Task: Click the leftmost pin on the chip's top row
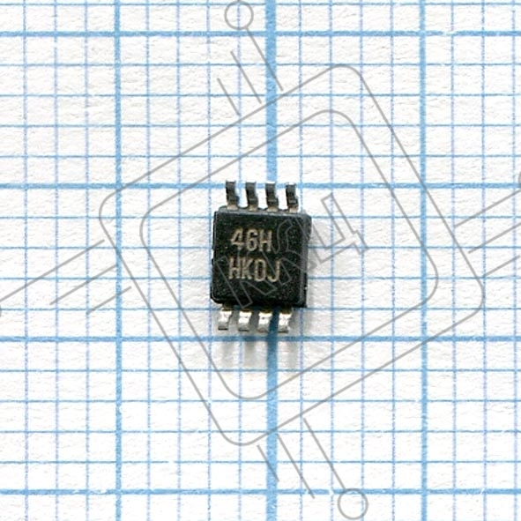click(232, 195)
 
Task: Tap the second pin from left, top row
click(252, 197)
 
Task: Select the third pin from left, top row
click(272, 197)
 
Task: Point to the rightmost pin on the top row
click(292, 198)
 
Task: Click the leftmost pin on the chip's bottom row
click(224, 318)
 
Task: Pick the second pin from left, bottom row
click(244, 320)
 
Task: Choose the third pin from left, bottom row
click(264, 321)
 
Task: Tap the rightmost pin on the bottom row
click(285, 322)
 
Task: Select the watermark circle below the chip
click(353, 503)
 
